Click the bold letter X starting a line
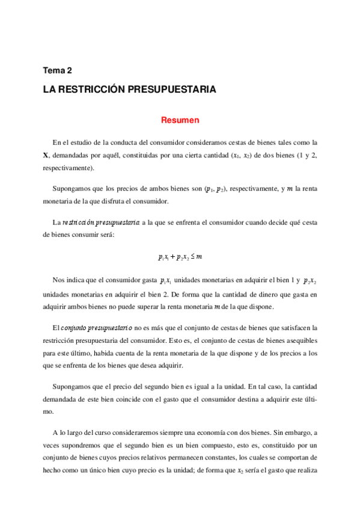coord(46,155)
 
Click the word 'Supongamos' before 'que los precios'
coord(72,189)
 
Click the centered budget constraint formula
coord(180,257)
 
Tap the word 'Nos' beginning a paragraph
coord(59,281)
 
